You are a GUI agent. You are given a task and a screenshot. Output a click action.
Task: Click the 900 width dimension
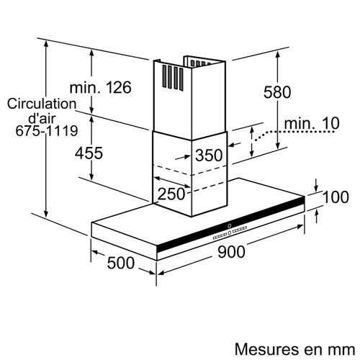[x=231, y=252]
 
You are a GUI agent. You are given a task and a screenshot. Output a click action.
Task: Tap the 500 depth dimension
[x=121, y=263]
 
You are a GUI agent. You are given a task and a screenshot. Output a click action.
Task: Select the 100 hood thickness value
[x=336, y=197]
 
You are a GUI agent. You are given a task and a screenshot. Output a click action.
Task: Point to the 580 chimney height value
[x=277, y=92]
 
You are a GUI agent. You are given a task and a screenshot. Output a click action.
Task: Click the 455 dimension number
[x=89, y=153]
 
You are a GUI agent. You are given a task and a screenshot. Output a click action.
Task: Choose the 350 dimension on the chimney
[x=209, y=155]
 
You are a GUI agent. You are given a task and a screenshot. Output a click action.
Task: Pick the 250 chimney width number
[x=171, y=194]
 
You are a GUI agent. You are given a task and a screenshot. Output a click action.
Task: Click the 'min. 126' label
[x=101, y=87]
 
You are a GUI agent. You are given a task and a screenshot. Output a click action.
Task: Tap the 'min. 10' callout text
[x=312, y=123]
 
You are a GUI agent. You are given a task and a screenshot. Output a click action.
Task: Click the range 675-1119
[x=47, y=131]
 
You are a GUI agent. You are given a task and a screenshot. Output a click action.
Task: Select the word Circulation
[x=42, y=104]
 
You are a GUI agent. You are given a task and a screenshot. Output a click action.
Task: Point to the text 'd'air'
[x=42, y=117]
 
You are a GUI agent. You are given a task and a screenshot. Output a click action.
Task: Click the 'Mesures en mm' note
[x=294, y=349]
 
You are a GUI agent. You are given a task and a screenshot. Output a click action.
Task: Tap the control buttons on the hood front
[x=230, y=231]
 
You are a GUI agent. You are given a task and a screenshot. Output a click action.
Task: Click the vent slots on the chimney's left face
[x=173, y=78]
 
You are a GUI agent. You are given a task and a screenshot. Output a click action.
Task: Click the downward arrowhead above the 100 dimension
[x=316, y=189]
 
